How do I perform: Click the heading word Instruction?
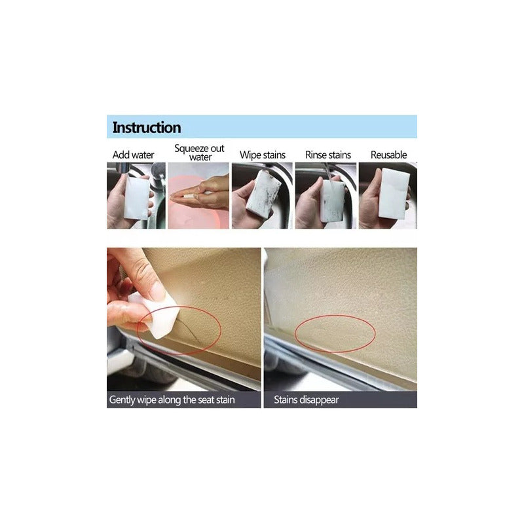147,127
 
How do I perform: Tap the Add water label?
133,155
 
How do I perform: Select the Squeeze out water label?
200,153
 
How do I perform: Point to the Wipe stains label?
263,155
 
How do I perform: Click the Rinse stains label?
328,155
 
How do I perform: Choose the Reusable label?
388,155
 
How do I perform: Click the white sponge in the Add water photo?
137,197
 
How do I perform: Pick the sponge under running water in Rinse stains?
333,201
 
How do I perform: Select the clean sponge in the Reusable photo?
395,194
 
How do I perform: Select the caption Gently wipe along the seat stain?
172,400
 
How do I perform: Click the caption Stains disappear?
306,400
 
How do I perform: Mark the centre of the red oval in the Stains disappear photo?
335,333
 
